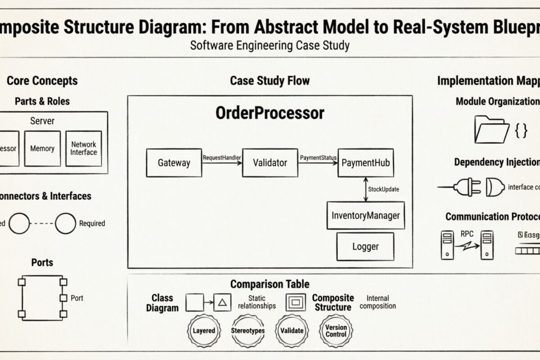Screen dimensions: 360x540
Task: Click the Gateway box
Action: pyautogui.click(x=174, y=162)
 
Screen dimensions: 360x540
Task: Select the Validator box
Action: pyautogui.click(x=270, y=162)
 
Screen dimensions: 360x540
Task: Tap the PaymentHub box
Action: pyautogui.click(x=365, y=162)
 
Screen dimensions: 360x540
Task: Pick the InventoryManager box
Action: pyautogui.click(x=365, y=216)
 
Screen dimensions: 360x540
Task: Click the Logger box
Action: pyautogui.click(x=365, y=247)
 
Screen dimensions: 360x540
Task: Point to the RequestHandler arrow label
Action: pyautogui.click(x=222, y=158)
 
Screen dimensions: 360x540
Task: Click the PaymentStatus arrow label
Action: pyautogui.click(x=318, y=158)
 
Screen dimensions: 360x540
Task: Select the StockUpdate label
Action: pyautogui.click(x=383, y=189)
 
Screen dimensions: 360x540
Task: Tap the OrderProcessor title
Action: pyautogui.click(x=270, y=112)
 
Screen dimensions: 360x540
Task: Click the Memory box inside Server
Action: pyautogui.click(x=42, y=148)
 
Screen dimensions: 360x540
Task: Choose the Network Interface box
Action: pyautogui.click(x=83, y=148)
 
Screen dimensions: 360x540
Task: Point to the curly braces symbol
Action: pyautogui.click(x=521, y=131)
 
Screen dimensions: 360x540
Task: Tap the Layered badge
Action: pyautogui.click(x=204, y=331)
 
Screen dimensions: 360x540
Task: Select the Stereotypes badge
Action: pyautogui.click(x=247, y=331)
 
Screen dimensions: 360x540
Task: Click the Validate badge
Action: pyautogui.click(x=292, y=331)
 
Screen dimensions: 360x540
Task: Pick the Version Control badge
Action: pyautogui.click(x=336, y=331)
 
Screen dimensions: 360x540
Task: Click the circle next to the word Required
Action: pyautogui.click(x=65, y=223)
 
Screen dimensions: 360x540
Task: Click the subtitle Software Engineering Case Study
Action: pyautogui.click(x=270, y=45)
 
